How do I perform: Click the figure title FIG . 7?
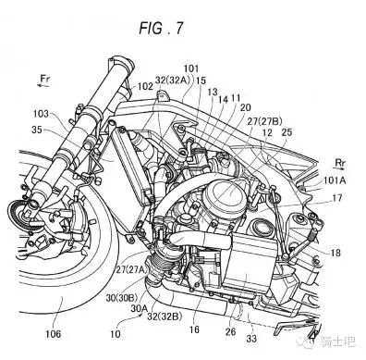click(161, 29)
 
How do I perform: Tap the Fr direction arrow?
click(43, 86)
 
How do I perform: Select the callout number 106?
click(54, 333)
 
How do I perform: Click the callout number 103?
click(41, 114)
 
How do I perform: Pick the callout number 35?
click(37, 130)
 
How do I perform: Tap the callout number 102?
click(145, 86)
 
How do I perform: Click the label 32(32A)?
click(173, 81)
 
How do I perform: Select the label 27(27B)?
click(264, 121)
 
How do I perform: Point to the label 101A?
click(335, 180)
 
